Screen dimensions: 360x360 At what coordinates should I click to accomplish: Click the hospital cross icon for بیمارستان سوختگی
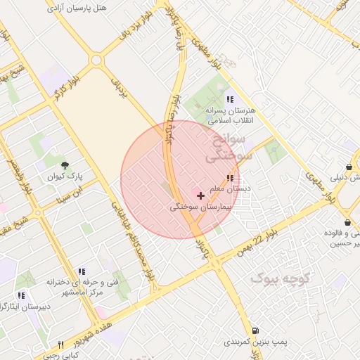[201, 195]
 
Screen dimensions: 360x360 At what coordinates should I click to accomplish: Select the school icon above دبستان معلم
[229, 178]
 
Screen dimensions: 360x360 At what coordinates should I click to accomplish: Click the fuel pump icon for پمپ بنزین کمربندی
[254, 330]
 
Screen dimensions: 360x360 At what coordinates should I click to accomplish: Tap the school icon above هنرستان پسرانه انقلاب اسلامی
[230, 99]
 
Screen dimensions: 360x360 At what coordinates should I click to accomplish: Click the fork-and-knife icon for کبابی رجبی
[61, 345]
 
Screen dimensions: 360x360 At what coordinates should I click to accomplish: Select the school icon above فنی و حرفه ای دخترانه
[82, 271]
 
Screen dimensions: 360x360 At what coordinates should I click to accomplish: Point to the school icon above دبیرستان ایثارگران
[21, 295]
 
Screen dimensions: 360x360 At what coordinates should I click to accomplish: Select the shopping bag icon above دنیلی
[349, 165]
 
